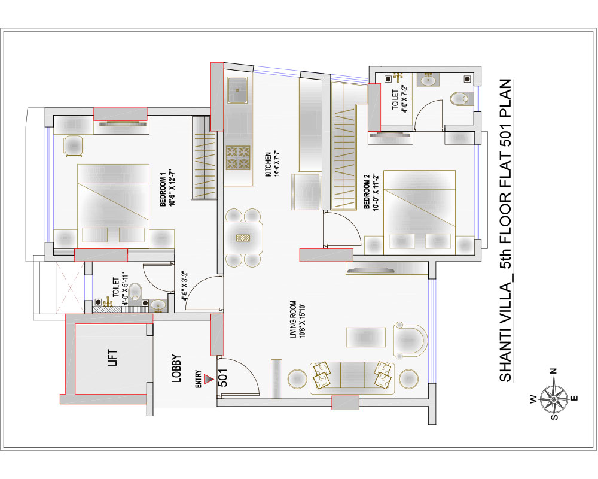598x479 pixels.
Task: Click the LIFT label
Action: pos(113,358)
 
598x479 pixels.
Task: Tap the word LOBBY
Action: pos(176,369)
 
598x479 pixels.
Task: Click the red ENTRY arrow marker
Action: pos(208,379)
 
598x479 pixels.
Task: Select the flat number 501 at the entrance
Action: pos(224,377)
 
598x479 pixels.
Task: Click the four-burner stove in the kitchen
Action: pos(237,157)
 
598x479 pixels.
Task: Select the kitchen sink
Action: pos(237,90)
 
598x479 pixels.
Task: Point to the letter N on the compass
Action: pos(553,371)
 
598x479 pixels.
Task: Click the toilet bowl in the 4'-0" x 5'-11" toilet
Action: pos(135,292)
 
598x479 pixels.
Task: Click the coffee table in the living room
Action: pos(366,337)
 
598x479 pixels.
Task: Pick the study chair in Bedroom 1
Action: pos(74,146)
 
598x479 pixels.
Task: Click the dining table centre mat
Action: pos(243,238)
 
